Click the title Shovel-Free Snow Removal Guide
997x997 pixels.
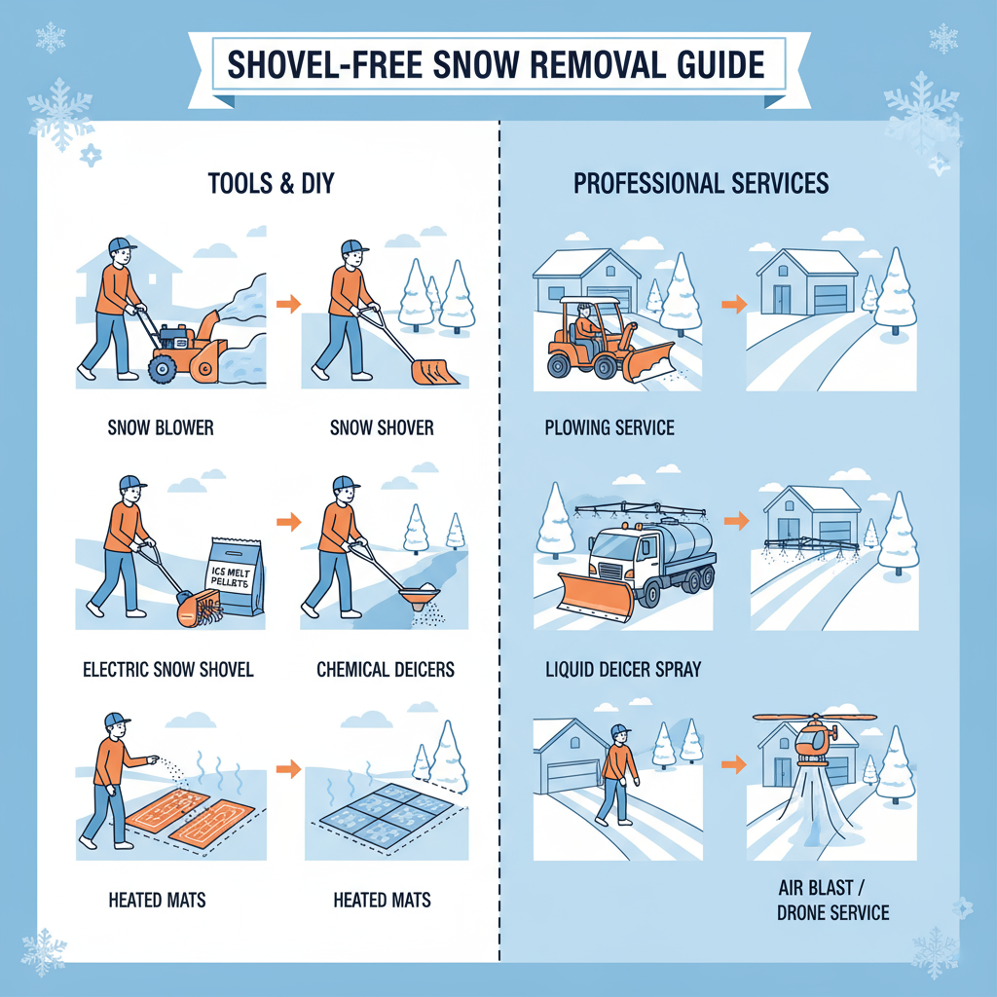click(x=496, y=64)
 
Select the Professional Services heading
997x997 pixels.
click(x=701, y=183)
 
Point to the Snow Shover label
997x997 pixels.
click(x=382, y=428)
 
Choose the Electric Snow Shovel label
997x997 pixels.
click(x=167, y=669)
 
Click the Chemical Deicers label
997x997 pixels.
click(x=386, y=670)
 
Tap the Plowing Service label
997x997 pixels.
click(x=609, y=428)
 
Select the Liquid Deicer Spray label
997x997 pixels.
click(x=624, y=670)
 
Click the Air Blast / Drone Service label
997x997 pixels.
click(x=832, y=902)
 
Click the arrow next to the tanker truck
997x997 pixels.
click(x=737, y=523)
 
